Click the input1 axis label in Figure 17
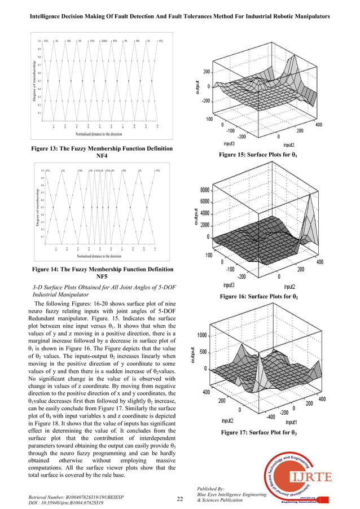(x=292, y=422)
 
